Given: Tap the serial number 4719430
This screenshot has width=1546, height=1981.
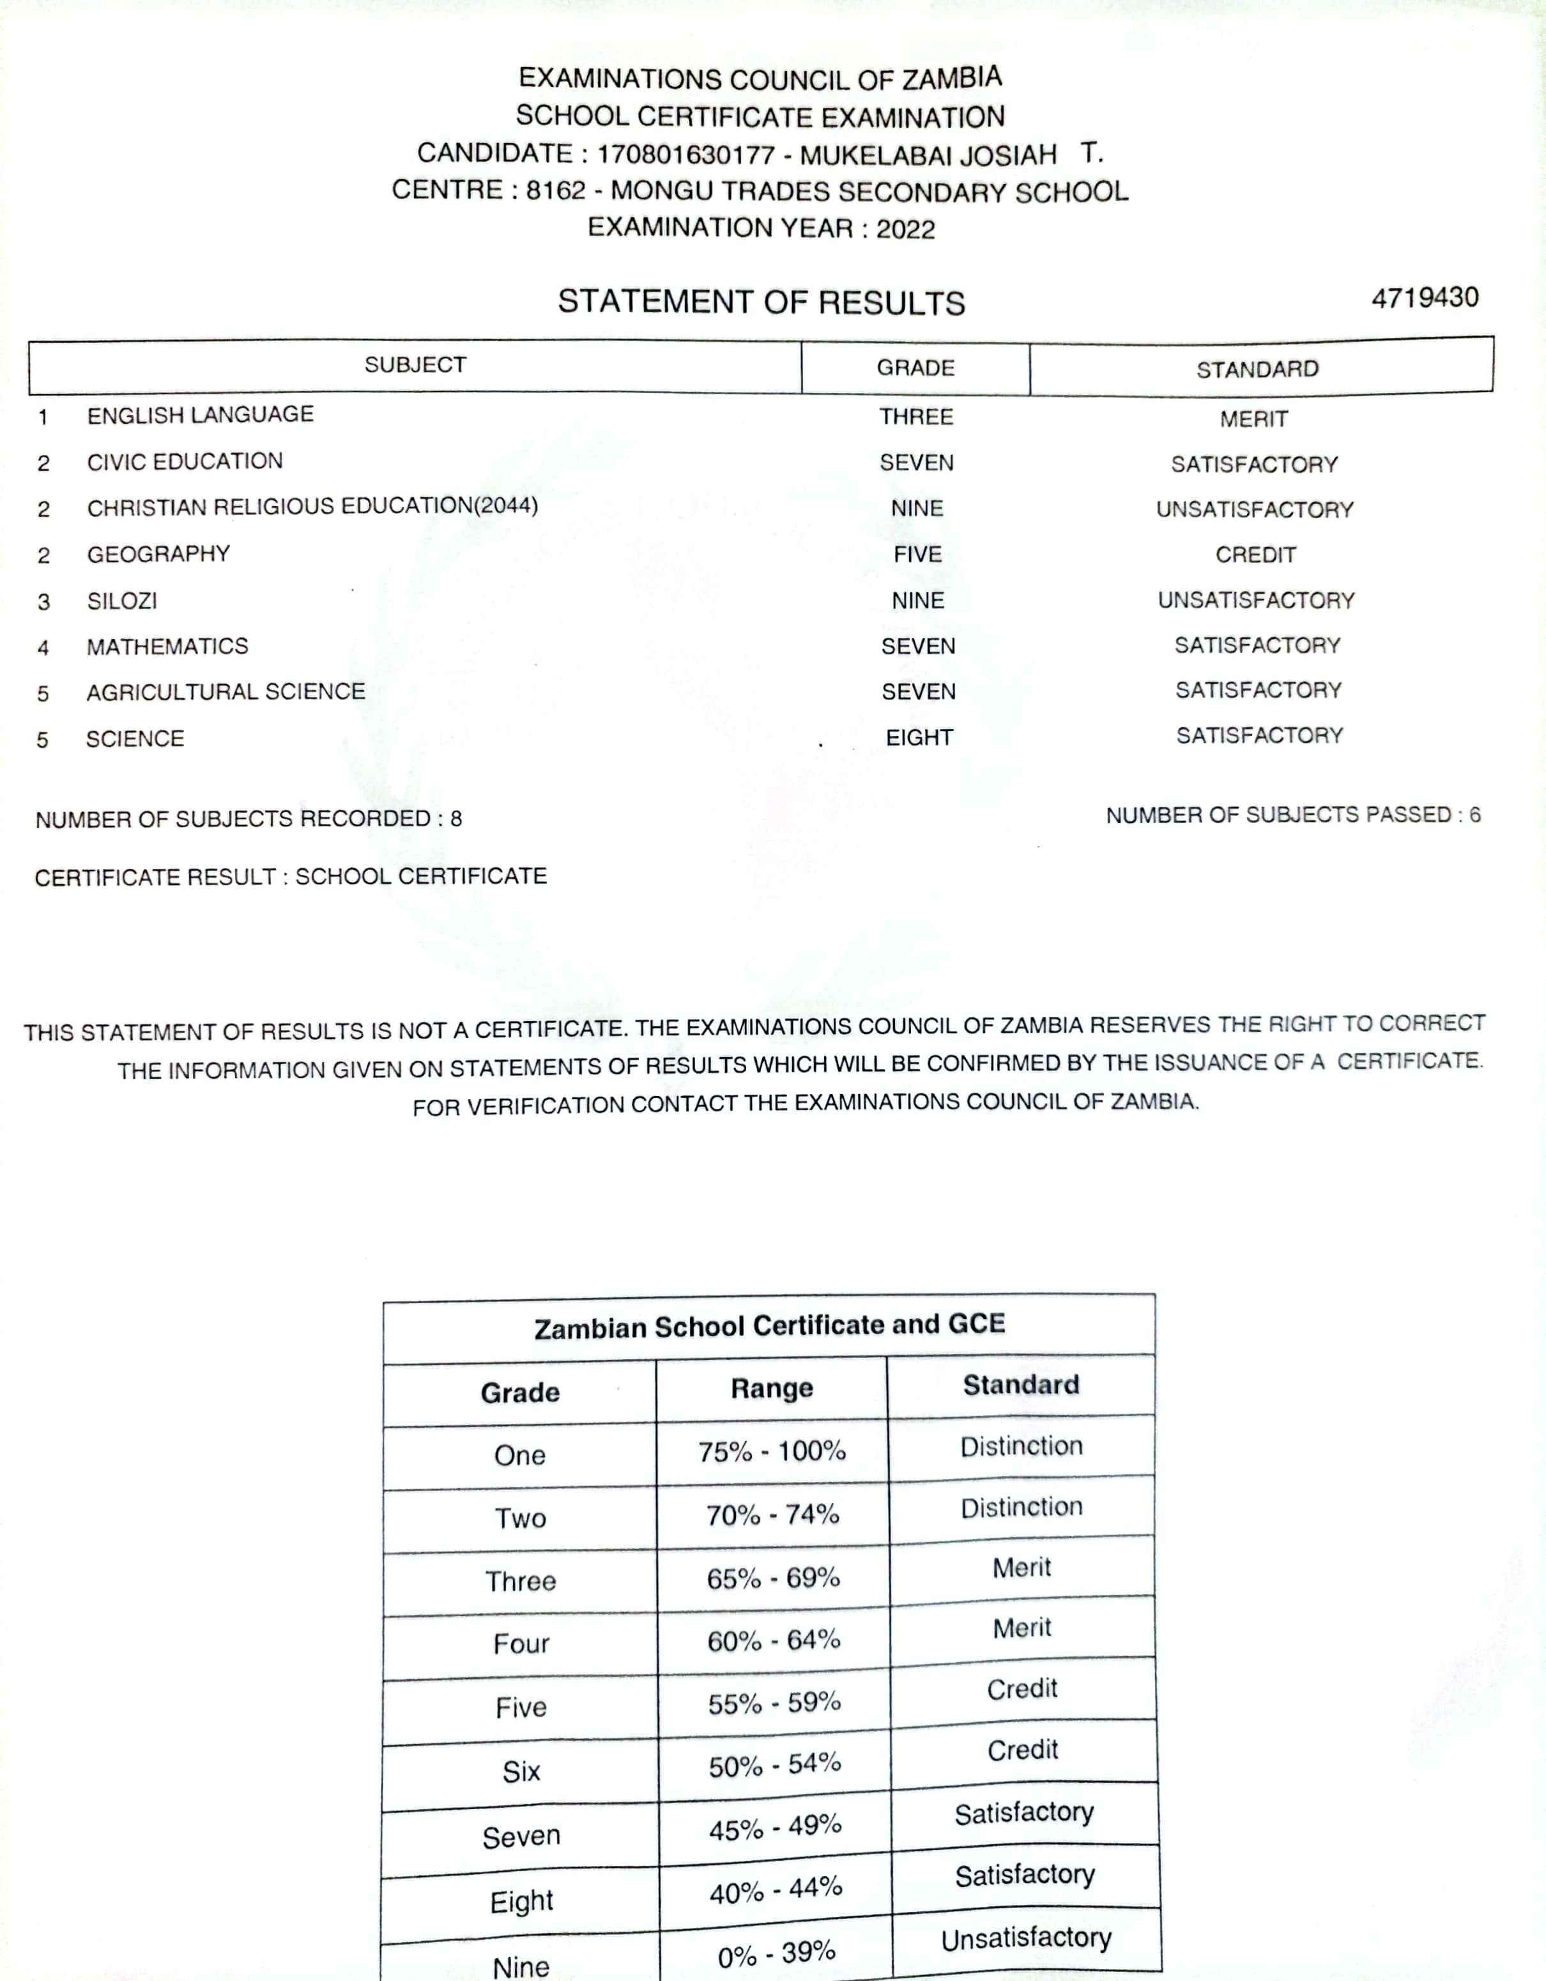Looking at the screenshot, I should pyautogui.click(x=1425, y=298).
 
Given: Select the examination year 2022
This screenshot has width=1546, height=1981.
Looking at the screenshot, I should pyautogui.click(x=905, y=229).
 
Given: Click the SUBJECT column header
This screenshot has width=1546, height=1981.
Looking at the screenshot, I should pyautogui.click(x=415, y=365).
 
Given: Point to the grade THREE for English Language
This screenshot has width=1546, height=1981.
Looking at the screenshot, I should pyautogui.click(x=916, y=417).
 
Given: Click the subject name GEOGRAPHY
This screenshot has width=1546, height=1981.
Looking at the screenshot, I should pyautogui.click(x=158, y=554).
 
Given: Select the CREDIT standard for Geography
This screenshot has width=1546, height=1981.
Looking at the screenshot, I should pyautogui.click(x=1256, y=554).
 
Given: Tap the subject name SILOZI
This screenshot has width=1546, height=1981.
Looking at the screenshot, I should pyautogui.click(x=123, y=601).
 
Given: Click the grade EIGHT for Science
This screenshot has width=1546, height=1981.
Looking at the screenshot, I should pyautogui.click(x=919, y=737).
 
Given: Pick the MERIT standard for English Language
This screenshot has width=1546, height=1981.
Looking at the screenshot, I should pyautogui.click(x=1254, y=419).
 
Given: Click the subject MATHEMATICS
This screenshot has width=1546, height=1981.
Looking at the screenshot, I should pyautogui.click(x=168, y=646).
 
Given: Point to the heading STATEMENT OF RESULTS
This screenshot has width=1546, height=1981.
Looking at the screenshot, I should pyautogui.click(x=761, y=302).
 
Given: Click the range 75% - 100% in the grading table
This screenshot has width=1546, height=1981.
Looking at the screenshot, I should pyautogui.click(x=772, y=1451).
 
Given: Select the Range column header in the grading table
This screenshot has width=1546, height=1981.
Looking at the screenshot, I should pyautogui.click(x=772, y=1389).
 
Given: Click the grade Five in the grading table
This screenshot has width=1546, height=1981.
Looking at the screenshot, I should pyautogui.click(x=521, y=1707).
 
